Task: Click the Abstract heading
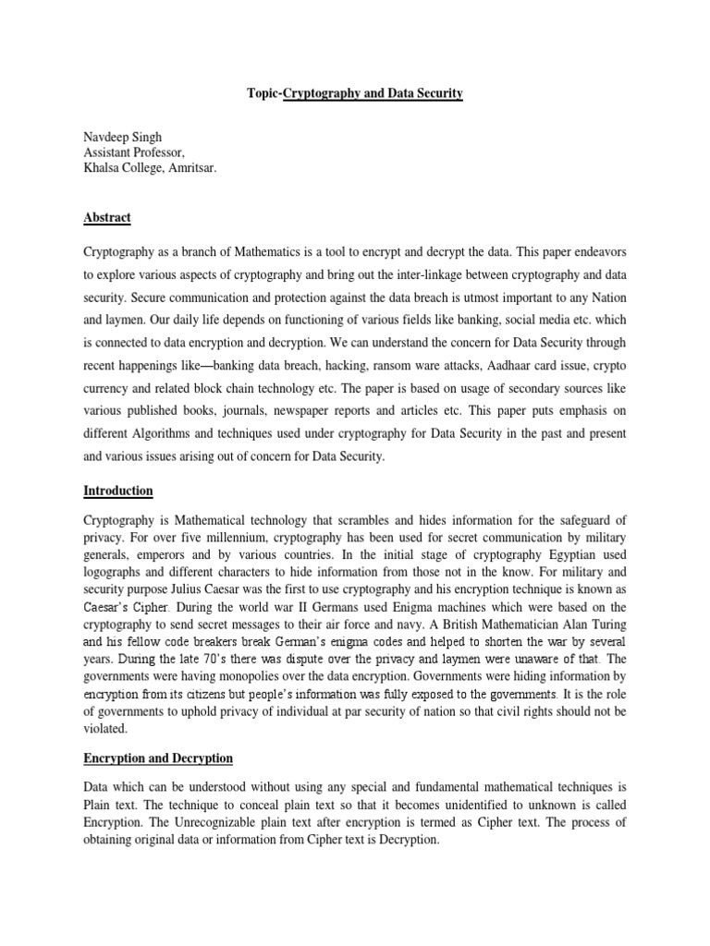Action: click(x=107, y=218)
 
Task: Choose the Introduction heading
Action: click(x=118, y=491)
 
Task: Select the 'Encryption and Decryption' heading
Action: click(x=158, y=758)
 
